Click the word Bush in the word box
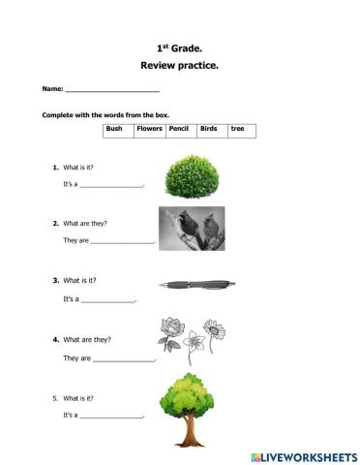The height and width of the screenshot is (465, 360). [114, 128]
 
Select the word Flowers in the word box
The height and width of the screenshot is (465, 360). [149, 128]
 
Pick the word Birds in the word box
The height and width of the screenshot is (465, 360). [209, 128]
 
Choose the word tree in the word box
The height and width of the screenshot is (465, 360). [237, 128]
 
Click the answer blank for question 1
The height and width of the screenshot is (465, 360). [111, 185]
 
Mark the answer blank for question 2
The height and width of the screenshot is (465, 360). [122, 242]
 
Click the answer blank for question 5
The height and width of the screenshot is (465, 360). [111, 417]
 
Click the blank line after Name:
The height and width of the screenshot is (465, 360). [105, 90]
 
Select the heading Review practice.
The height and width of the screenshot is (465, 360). [179, 67]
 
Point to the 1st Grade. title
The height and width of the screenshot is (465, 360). [179, 46]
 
